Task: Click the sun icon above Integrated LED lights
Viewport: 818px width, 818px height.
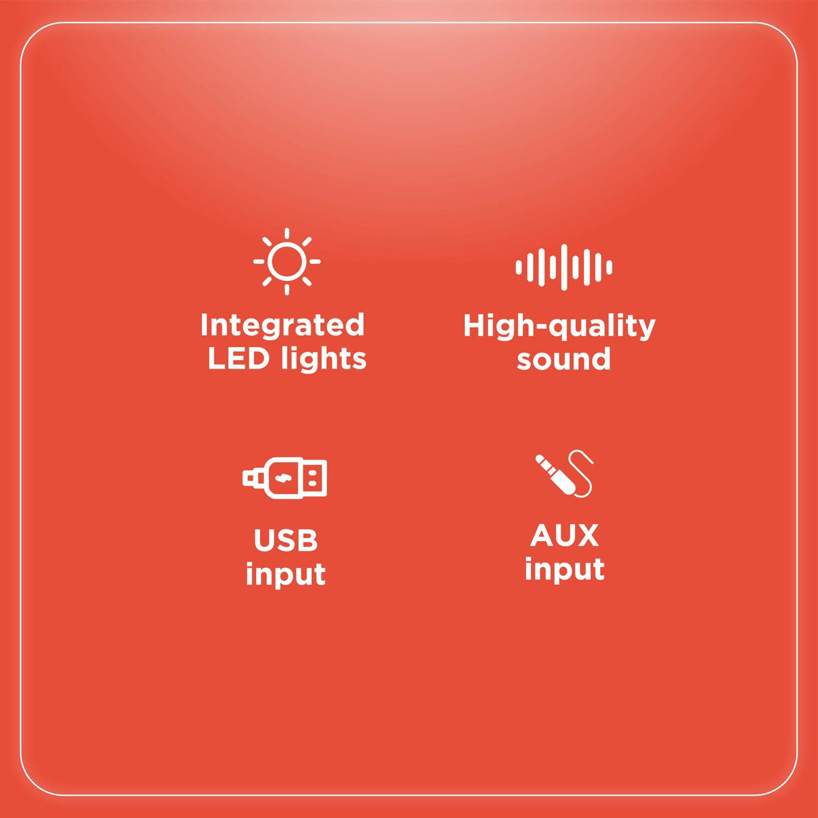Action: pos(287,261)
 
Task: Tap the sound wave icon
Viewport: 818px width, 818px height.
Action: pos(564,267)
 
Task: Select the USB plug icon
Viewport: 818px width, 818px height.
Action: pos(285,478)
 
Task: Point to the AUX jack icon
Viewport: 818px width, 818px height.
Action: pos(564,473)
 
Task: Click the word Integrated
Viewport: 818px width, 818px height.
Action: pos(282,325)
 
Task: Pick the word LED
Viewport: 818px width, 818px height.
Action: pos(239,358)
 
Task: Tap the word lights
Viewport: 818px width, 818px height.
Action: pos(323,360)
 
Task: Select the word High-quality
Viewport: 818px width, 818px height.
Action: pos(559,327)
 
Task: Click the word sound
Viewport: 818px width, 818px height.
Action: pos(564,359)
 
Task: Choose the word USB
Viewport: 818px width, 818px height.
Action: pos(286,540)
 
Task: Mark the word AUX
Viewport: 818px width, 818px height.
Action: pos(565,535)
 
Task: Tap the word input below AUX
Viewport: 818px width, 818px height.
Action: pos(565,569)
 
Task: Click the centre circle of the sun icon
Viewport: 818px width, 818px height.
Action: pos(287,261)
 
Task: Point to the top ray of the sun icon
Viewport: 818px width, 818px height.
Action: pos(287,233)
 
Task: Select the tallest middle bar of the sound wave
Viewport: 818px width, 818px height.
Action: pos(564,267)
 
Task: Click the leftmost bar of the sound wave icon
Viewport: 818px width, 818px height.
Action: pos(518,268)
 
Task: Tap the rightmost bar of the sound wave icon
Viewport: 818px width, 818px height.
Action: pos(610,268)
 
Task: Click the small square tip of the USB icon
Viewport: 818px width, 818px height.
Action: pos(249,478)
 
